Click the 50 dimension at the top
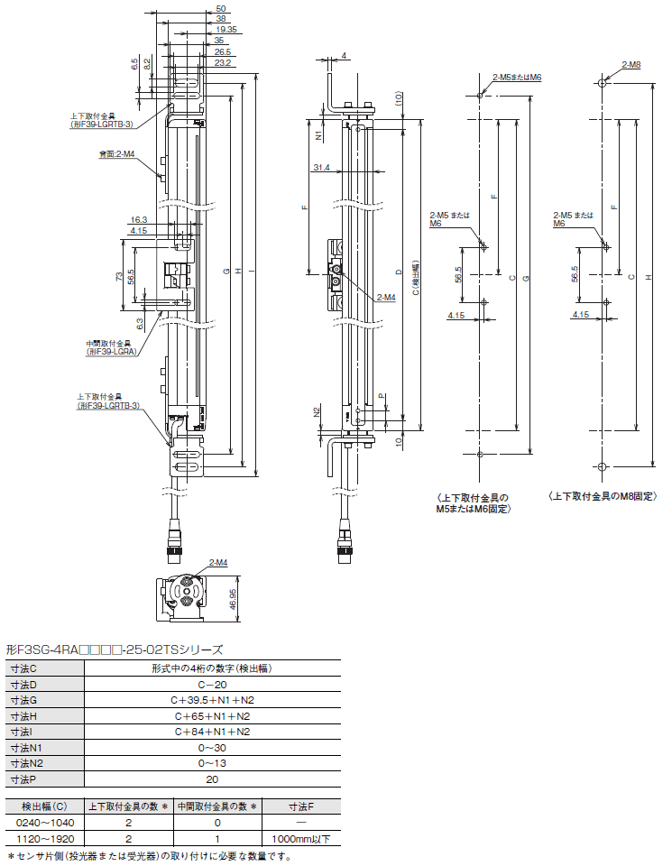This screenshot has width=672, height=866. click(x=221, y=8)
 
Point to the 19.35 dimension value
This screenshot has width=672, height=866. click(x=227, y=29)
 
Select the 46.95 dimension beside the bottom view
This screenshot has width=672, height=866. click(x=233, y=598)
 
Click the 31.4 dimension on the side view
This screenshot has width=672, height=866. click(x=321, y=168)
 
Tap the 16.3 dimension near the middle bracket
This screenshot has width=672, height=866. click(x=139, y=220)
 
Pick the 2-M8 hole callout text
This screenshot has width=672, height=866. click(x=631, y=65)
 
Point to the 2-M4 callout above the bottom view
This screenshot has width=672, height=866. click(x=218, y=563)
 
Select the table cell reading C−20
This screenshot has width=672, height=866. click(x=212, y=685)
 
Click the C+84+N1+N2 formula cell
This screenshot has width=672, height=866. click(x=212, y=732)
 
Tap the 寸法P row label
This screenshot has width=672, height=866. click(x=23, y=779)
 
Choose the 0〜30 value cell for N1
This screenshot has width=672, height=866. click(x=212, y=748)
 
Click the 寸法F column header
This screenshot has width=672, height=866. click(x=301, y=806)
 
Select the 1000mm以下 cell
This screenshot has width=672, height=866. click(x=301, y=839)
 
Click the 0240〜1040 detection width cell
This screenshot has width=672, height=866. click(x=45, y=823)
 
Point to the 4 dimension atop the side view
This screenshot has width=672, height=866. click(x=344, y=56)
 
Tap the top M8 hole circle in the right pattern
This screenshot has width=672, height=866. click(x=603, y=83)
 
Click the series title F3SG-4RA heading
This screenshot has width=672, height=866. click(x=114, y=649)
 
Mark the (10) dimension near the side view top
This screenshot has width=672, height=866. click(x=400, y=99)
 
